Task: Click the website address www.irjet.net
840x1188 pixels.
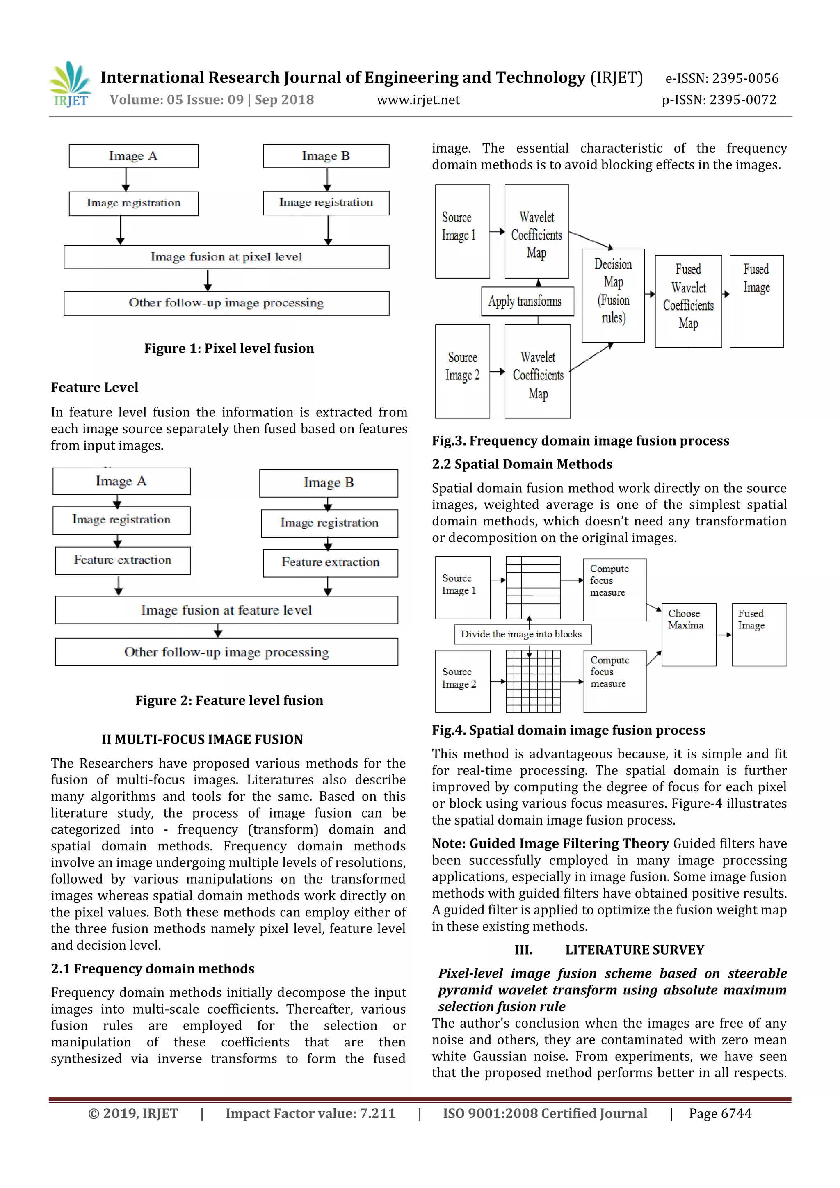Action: (418, 100)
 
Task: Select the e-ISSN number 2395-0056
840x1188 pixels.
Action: (721, 79)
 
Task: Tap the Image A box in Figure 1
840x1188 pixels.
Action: (133, 156)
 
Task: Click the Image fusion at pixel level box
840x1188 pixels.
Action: (226, 257)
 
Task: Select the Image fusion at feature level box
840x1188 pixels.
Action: (226, 610)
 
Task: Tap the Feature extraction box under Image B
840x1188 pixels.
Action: (330, 562)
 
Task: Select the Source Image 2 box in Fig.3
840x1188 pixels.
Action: (462, 371)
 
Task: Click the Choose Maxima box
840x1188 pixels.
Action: (689, 634)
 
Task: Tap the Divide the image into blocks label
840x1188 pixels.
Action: (522, 634)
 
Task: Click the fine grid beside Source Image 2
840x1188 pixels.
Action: (533, 681)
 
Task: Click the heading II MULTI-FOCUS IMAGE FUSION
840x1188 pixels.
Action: (202, 739)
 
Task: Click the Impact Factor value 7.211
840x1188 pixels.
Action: (310, 1113)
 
